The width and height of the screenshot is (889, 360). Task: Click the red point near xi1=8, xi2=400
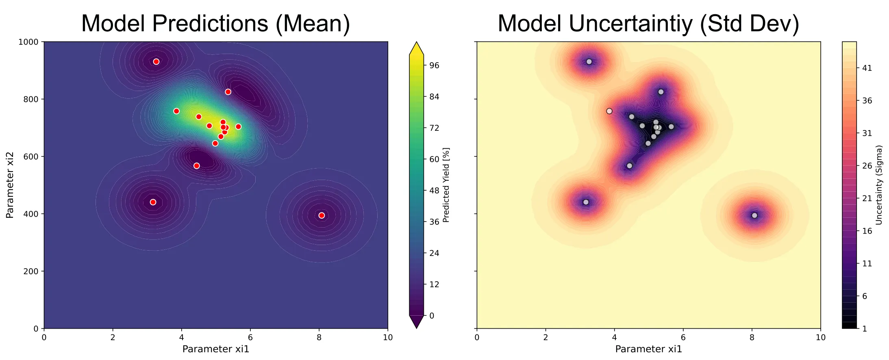click(322, 215)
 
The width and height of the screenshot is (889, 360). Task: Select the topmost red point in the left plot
click(156, 62)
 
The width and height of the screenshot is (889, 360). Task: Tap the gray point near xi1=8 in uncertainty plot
click(754, 215)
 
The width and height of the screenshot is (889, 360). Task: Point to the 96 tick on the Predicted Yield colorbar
click(434, 65)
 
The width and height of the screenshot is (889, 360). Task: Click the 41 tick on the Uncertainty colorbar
click(867, 68)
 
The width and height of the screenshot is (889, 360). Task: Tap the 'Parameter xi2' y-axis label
click(10, 185)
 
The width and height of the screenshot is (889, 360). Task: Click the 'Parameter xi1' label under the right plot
click(648, 349)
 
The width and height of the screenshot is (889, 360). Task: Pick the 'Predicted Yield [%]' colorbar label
click(446, 185)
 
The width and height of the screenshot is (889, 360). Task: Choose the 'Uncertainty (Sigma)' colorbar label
click(879, 185)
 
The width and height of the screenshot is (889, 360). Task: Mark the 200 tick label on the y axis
click(31, 271)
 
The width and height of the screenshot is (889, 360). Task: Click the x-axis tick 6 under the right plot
click(683, 337)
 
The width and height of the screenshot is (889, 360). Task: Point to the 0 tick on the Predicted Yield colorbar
click(432, 316)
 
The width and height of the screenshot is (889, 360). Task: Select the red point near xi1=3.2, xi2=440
click(153, 202)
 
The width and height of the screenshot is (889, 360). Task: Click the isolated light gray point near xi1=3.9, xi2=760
click(609, 111)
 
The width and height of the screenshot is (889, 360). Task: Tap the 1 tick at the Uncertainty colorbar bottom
click(865, 329)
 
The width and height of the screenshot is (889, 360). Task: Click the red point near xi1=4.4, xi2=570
click(197, 166)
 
